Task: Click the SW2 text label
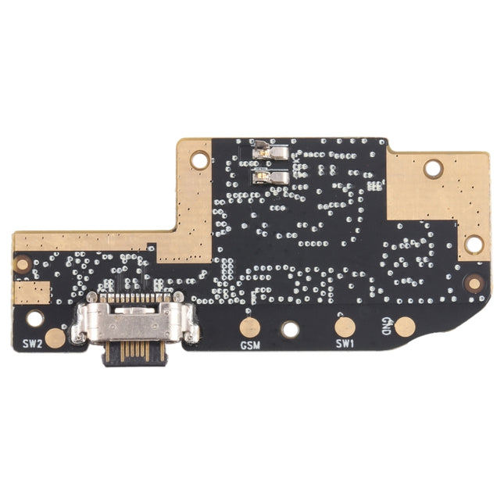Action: (31, 342)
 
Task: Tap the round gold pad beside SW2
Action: (55, 338)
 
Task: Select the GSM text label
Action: (250, 345)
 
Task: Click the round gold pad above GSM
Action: (250, 327)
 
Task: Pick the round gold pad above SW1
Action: (345, 327)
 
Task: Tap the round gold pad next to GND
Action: (404, 327)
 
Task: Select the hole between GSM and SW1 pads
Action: (290, 329)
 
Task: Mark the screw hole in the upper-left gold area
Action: (200, 160)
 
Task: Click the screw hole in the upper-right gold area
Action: (433, 167)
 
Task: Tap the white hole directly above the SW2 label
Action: (35, 318)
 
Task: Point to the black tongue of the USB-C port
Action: (134, 352)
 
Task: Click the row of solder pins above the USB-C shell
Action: (134, 298)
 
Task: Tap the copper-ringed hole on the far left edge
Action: (23, 264)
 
